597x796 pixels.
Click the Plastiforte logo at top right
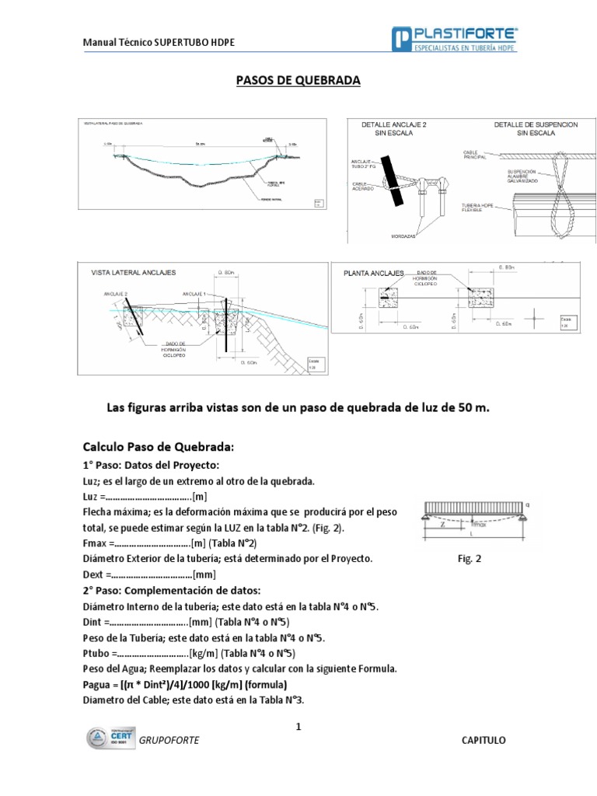(456, 40)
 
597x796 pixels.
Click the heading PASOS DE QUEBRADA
(298, 80)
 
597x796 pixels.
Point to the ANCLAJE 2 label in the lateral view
(114, 294)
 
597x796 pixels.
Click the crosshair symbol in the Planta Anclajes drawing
(535, 317)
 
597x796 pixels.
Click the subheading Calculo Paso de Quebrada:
(158, 446)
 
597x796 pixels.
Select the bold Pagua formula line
(185, 685)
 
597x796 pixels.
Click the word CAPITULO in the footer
(484, 740)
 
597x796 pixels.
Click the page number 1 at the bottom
(297, 727)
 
